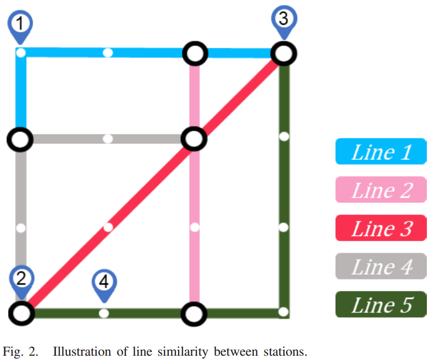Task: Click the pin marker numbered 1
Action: pos(20,25)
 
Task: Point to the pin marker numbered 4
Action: pos(105,282)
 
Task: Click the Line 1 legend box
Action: pos(381,152)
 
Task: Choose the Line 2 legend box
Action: pos(381,190)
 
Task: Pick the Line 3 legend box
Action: pos(381,229)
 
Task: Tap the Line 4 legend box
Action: pos(381,267)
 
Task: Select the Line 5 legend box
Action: pos(381,305)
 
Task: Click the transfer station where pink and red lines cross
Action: pos(194,139)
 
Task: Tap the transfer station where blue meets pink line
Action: pos(195,53)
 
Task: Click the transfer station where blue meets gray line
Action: pos(20,139)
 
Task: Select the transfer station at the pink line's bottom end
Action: pos(194,313)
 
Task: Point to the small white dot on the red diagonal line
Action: pos(108,227)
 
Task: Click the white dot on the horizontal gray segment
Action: pos(108,139)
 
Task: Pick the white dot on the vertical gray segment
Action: pos(20,227)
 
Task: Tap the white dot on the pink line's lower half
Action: pos(195,227)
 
